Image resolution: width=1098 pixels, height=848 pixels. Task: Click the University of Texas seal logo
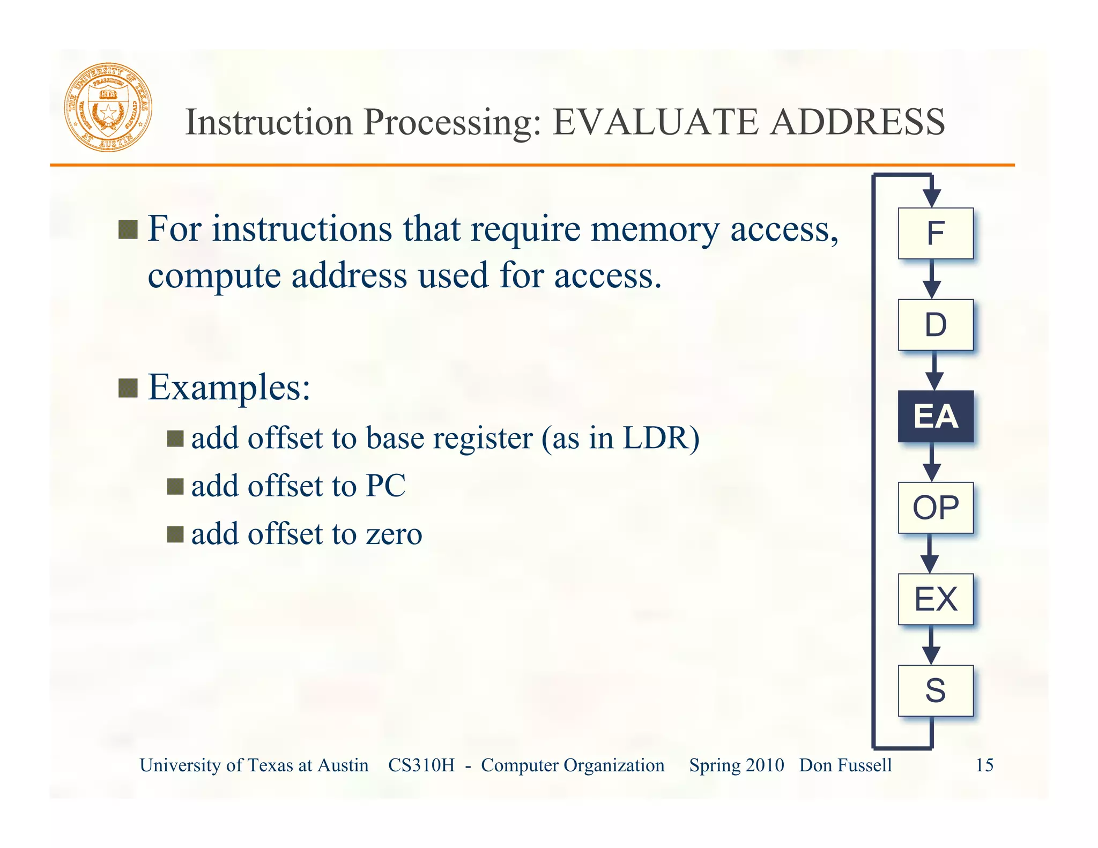(108, 107)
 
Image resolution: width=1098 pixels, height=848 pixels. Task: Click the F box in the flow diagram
(936, 233)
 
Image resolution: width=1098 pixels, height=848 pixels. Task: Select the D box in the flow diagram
(936, 325)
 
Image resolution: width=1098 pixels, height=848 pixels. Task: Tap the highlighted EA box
(936, 416)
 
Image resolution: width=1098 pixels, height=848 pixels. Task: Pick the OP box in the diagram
(936, 508)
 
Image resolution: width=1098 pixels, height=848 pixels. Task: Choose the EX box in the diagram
(936, 599)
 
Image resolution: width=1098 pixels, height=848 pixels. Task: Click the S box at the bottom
(936, 690)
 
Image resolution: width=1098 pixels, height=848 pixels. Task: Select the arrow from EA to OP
(932, 463)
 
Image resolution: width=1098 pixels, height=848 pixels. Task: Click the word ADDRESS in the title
(857, 122)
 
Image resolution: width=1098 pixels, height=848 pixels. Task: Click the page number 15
(984, 765)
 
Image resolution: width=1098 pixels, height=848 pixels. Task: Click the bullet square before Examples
(128, 388)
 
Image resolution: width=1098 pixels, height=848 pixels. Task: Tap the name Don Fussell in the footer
(845, 765)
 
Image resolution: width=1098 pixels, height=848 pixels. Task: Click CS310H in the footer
(421, 765)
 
